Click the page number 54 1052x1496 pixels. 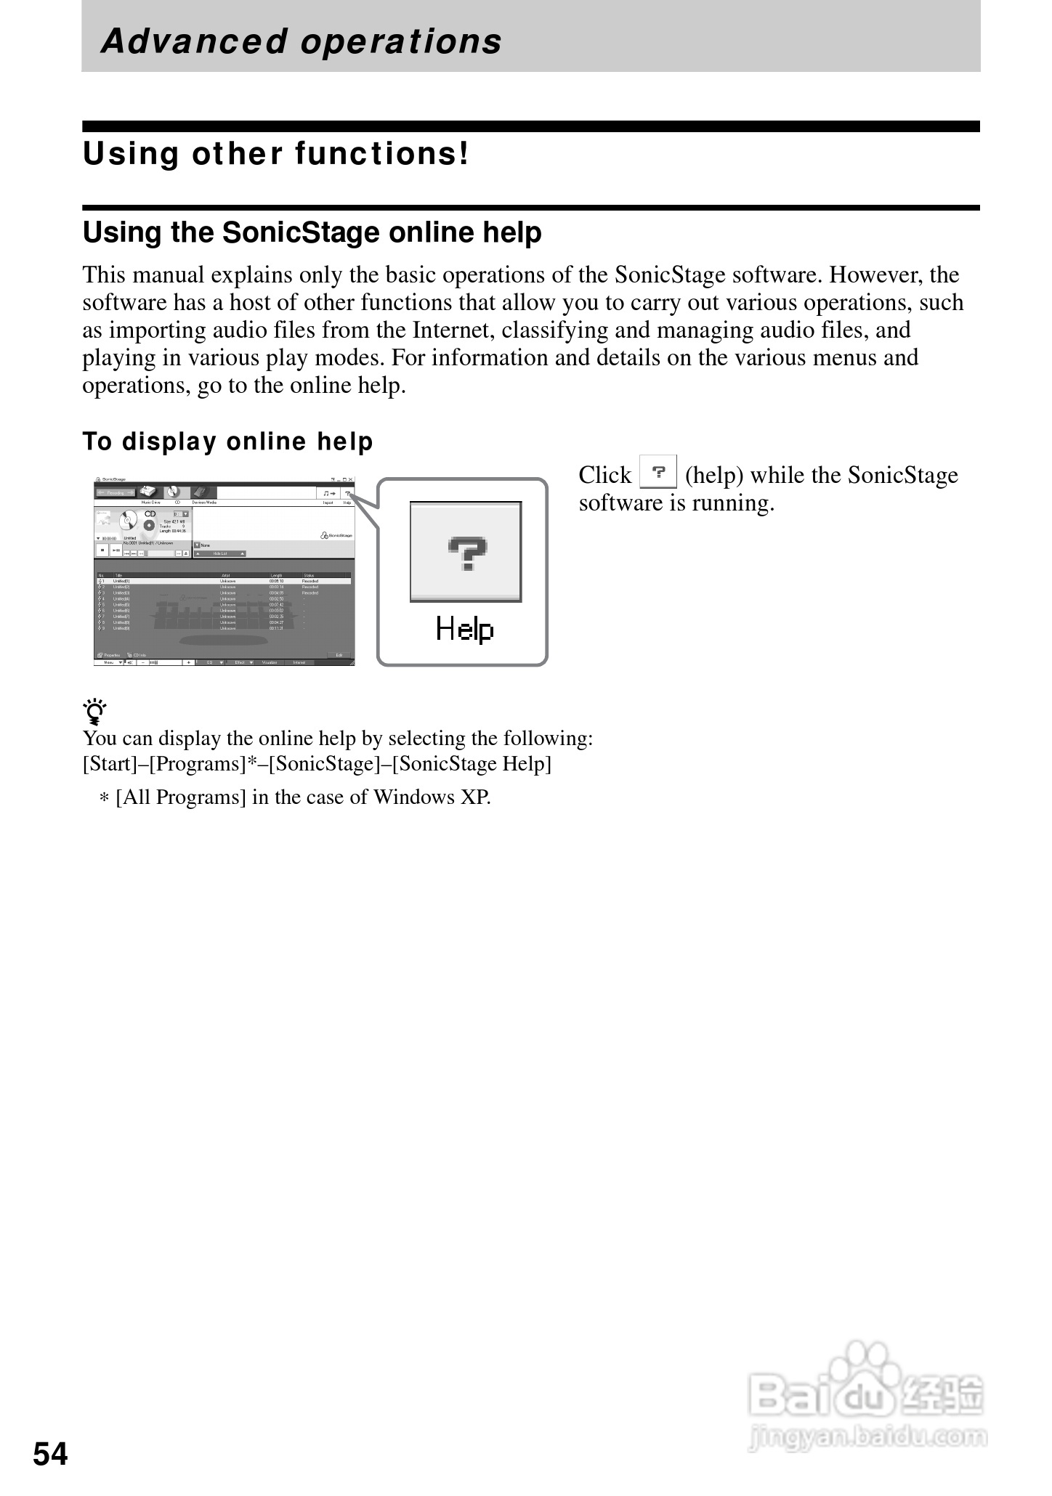[x=50, y=1454]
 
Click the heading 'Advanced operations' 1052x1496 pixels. [x=302, y=41]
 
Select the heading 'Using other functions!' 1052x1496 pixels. [x=276, y=154]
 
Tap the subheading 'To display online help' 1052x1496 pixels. [x=227, y=442]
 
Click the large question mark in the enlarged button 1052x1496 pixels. [x=466, y=551]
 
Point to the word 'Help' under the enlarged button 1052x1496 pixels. [x=464, y=629]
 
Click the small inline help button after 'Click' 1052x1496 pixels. [x=658, y=472]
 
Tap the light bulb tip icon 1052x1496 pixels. [x=94, y=712]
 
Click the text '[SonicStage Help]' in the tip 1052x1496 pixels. [x=472, y=764]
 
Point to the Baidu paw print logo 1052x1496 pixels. [x=865, y=1365]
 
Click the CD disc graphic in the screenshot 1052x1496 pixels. [x=129, y=521]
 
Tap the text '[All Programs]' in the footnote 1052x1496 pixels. [x=181, y=797]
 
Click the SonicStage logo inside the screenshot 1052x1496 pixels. [x=336, y=535]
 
